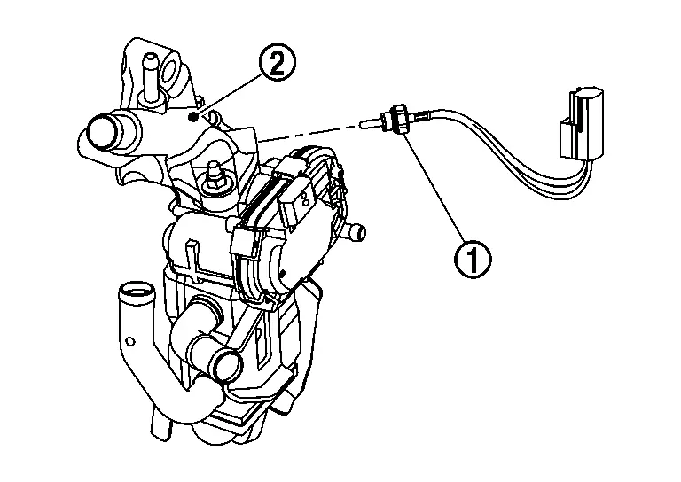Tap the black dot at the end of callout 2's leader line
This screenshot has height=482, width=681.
click(194, 115)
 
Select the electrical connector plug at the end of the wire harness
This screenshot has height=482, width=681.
click(577, 125)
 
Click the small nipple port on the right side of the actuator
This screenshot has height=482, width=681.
click(357, 234)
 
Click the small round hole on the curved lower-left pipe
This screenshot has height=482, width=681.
click(130, 339)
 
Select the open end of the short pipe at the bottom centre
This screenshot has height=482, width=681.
click(226, 363)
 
